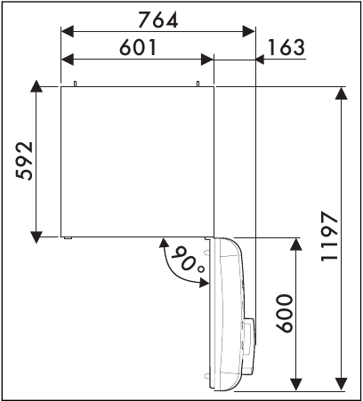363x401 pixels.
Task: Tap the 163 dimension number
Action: click(285, 49)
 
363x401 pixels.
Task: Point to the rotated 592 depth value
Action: click(27, 161)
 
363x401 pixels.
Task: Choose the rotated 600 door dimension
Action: click(283, 313)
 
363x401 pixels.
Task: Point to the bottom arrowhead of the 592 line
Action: click(35, 235)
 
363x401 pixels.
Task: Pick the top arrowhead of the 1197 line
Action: click(343, 92)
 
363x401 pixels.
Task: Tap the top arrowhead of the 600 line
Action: click(294, 244)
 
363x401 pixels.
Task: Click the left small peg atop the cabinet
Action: click(76, 84)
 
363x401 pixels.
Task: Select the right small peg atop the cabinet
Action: click(197, 84)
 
